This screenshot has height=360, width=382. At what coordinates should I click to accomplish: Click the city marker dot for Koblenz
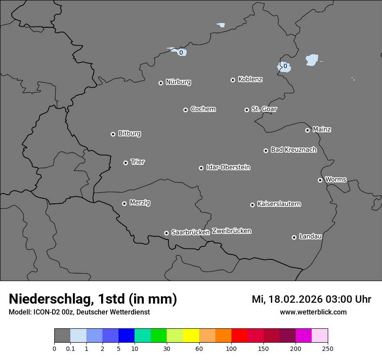click(x=233, y=80)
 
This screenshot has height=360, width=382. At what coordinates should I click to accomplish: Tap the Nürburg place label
click(x=178, y=82)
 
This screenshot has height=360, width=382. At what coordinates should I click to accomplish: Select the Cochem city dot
click(x=185, y=110)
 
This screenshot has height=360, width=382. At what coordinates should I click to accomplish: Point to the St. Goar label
click(x=264, y=109)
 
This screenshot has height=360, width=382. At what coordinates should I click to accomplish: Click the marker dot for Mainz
click(x=307, y=130)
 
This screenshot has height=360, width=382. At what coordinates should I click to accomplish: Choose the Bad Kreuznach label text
click(x=293, y=150)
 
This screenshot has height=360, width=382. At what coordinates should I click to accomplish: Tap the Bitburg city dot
click(x=113, y=134)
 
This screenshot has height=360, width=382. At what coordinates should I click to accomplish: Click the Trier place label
click(x=138, y=162)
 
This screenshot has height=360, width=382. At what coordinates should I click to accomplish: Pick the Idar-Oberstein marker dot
click(x=201, y=168)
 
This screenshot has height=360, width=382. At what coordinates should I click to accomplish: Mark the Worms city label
click(x=336, y=179)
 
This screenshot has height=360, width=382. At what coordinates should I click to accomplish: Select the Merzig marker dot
click(x=124, y=203)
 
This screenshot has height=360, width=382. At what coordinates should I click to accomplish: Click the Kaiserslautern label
click(x=279, y=204)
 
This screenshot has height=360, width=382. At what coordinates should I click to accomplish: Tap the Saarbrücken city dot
click(x=166, y=233)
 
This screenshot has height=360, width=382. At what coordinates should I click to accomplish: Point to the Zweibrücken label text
click(x=231, y=231)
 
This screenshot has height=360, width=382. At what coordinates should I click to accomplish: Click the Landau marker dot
click(x=294, y=237)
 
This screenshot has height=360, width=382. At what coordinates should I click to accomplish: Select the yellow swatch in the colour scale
click(x=191, y=336)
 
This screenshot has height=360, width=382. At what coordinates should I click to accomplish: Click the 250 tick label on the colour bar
click(x=328, y=348)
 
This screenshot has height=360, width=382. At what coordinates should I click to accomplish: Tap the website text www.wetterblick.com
click(x=313, y=312)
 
